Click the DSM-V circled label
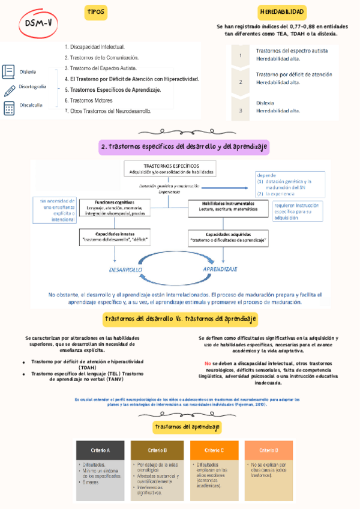pos(38,23)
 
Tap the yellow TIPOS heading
pos(95,13)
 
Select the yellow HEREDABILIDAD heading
pos(282,13)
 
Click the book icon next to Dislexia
pos(9,71)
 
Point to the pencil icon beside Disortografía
pos(9,90)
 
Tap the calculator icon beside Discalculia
pos(9,108)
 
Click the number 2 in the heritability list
pos(241,82)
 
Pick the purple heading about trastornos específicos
pos(184,147)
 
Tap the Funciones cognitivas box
pos(114,208)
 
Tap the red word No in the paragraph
pos(208,364)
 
